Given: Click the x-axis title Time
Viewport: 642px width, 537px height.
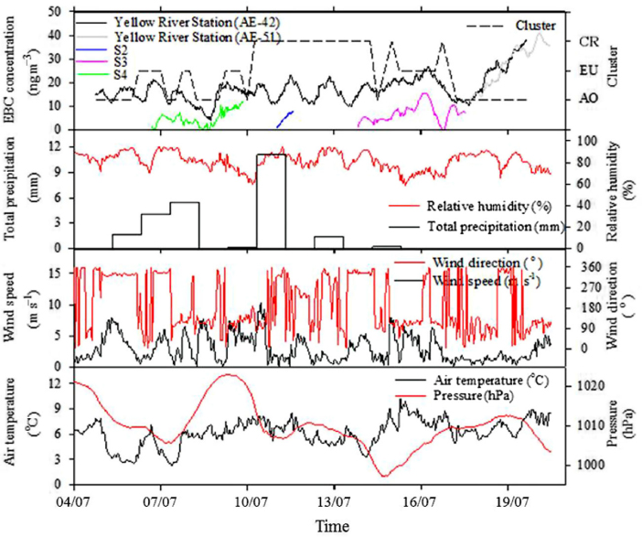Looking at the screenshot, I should (326, 527).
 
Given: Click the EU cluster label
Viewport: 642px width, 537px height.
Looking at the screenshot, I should (590, 70).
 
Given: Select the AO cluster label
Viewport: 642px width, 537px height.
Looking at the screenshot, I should (590, 99).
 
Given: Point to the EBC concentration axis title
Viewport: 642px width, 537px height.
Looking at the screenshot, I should (16, 64).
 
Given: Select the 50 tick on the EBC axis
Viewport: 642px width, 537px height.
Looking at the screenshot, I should (58, 11).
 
